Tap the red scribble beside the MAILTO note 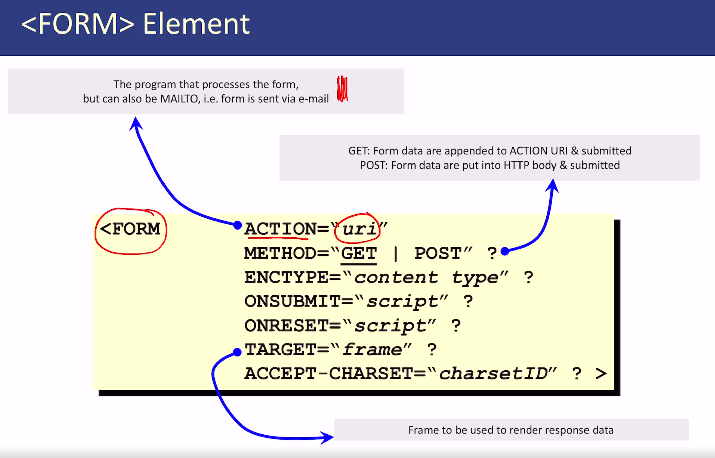342,89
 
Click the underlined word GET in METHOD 359,253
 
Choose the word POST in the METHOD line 438,253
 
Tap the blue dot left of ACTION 237,225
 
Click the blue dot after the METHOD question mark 505,252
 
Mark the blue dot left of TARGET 237,352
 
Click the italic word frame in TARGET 372,350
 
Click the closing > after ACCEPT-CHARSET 601,374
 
